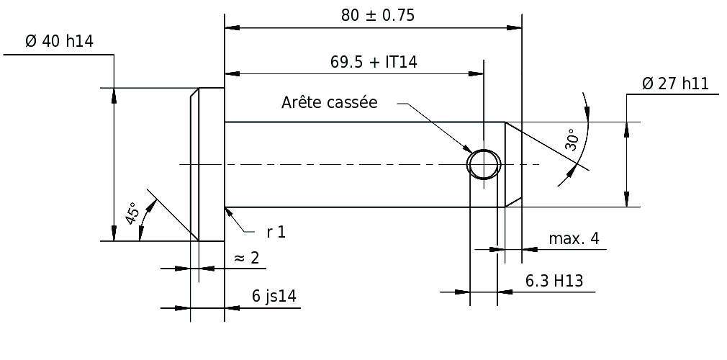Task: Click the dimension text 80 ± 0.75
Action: (x=377, y=16)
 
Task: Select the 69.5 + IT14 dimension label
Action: (x=374, y=62)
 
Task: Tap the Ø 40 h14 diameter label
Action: (x=59, y=41)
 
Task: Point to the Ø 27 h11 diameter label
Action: (x=676, y=84)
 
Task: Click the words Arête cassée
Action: (x=329, y=102)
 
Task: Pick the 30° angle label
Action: (x=572, y=140)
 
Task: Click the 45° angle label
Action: (x=132, y=213)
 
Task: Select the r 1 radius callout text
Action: (x=276, y=232)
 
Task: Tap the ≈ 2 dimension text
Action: (x=247, y=258)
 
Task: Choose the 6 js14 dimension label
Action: (x=274, y=296)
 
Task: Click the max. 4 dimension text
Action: (x=574, y=239)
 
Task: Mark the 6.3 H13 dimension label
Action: (x=554, y=281)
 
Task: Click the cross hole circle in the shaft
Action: (x=484, y=149)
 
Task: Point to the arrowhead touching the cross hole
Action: (x=466, y=148)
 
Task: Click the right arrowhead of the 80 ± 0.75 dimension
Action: (x=514, y=28)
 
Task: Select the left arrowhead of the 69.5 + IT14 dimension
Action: (x=232, y=73)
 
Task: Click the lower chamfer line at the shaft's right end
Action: (x=513, y=202)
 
